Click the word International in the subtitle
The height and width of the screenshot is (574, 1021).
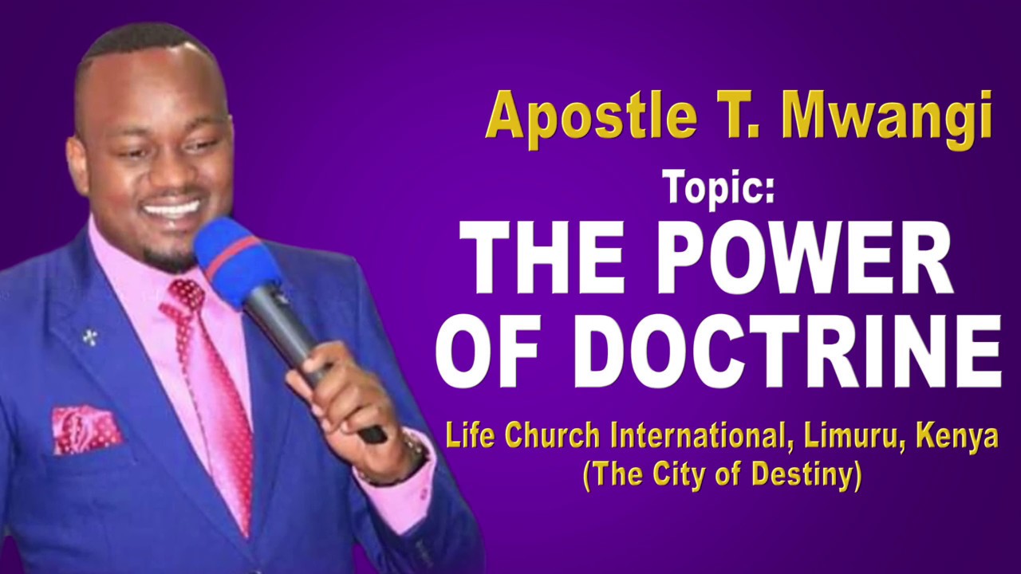point(703,438)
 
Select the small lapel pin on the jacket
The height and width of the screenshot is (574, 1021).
point(89,336)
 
